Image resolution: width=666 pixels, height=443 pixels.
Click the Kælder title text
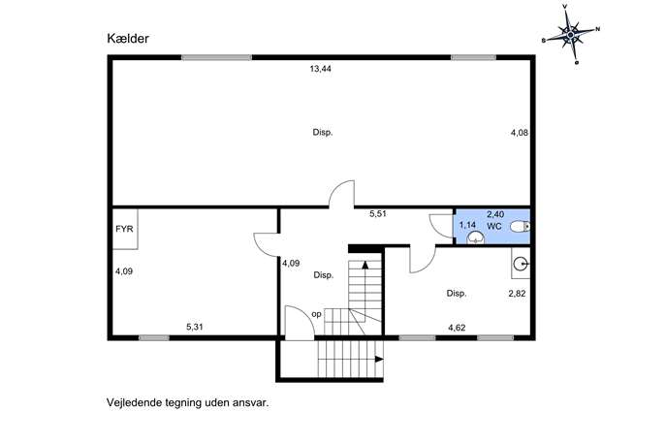click(128, 39)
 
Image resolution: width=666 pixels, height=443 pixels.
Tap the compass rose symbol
click(571, 34)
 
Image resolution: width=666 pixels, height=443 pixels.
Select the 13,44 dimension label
click(321, 69)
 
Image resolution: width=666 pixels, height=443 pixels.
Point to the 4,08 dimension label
click(519, 133)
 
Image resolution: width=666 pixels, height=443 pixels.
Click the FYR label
click(124, 229)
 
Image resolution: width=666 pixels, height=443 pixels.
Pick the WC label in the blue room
click(494, 227)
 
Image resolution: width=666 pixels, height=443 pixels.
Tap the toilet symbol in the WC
click(520, 227)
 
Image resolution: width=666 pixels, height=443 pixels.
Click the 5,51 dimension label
click(378, 214)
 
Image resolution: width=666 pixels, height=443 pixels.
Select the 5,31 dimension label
click(195, 327)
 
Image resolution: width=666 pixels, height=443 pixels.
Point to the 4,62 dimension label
click(457, 328)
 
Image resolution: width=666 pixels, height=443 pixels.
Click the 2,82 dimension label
click(517, 294)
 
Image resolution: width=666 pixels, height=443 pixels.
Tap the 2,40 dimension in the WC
click(495, 214)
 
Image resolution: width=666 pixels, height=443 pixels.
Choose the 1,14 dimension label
click(467, 225)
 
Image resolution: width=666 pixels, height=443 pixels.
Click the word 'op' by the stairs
click(316, 314)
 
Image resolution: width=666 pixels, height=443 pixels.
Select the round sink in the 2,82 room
click(521, 265)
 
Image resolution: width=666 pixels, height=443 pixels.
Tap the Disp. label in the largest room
click(323, 133)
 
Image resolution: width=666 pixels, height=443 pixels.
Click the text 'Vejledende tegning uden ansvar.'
click(188, 402)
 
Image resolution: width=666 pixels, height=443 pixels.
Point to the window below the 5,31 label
click(154, 338)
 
